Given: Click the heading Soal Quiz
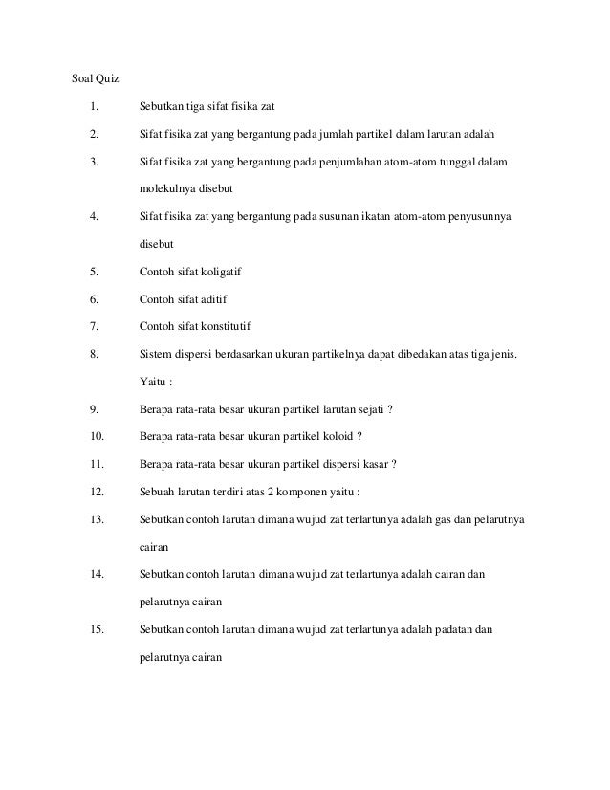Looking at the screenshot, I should (x=97, y=77).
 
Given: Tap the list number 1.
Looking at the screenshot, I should (x=94, y=104).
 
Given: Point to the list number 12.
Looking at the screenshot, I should (x=97, y=493).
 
